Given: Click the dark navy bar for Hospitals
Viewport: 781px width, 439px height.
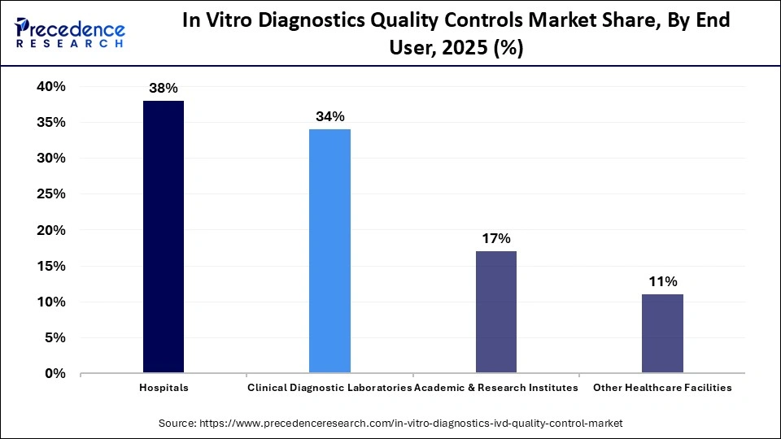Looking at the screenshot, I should click(x=164, y=237).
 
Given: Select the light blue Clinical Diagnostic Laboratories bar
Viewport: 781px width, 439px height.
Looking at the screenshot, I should click(x=329, y=250).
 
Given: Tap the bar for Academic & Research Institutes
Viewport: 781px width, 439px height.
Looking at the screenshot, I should click(x=495, y=311).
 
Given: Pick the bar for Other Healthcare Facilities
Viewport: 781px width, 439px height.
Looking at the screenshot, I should click(x=662, y=333).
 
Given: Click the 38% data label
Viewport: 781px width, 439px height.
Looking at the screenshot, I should click(x=164, y=88).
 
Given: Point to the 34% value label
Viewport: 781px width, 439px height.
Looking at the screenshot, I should click(x=329, y=116).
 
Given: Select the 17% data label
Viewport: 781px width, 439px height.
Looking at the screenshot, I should click(x=495, y=238).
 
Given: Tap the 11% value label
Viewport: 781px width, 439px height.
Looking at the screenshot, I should click(x=662, y=281).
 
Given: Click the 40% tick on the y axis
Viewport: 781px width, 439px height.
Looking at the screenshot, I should click(x=50, y=87).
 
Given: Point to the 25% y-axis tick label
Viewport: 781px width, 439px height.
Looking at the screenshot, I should click(x=50, y=194).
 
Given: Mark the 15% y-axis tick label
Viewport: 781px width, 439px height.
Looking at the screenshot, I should click(x=50, y=266).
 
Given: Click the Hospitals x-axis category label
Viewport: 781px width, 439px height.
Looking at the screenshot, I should click(x=164, y=388).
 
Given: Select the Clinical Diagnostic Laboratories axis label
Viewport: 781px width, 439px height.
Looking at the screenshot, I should click(x=329, y=388).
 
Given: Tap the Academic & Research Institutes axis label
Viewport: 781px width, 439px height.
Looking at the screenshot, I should click(x=496, y=388).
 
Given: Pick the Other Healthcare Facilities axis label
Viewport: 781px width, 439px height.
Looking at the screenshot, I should click(x=662, y=388).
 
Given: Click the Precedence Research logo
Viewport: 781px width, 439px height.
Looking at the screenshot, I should click(x=70, y=34).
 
